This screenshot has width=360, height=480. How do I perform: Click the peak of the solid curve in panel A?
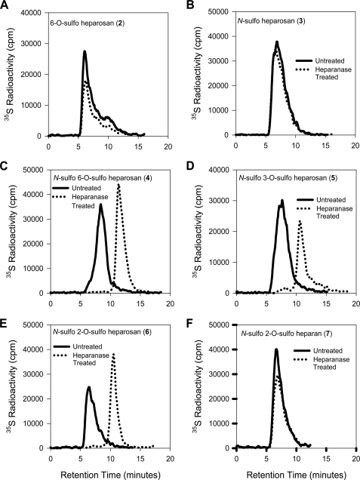(85, 51)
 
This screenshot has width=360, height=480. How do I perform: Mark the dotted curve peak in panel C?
(118, 185)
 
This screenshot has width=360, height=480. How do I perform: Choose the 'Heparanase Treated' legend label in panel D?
(327, 211)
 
